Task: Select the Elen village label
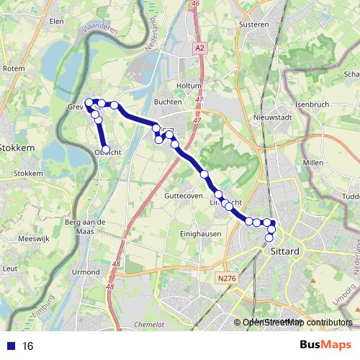pyautogui.click(x=56, y=22)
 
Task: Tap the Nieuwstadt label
pyautogui.click(x=271, y=117)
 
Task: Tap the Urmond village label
pyautogui.click(x=86, y=272)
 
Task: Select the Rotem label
pyautogui.click(x=14, y=68)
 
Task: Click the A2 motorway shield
pyautogui.click(x=199, y=48)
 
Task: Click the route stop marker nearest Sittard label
pyautogui.click(x=270, y=238)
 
